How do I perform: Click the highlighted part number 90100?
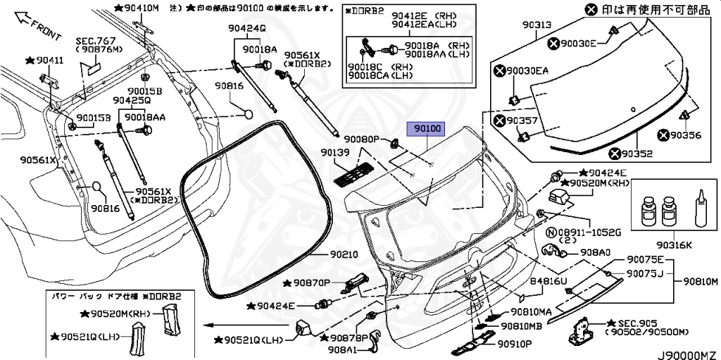[427, 130]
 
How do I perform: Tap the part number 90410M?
[142, 8]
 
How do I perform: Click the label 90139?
[335, 152]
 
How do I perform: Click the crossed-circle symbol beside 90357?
[500, 121]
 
